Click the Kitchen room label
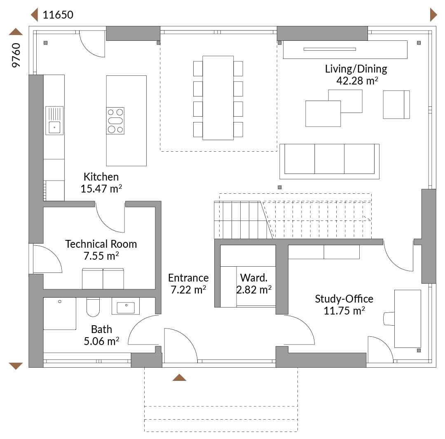pyautogui.click(x=101, y=176)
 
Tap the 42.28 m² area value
pyautogui.click(x=357, y=81)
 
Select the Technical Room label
pyautogui.click(x=101, y=244)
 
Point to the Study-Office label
pyautogui.click(x=344, y=299)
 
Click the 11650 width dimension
pyautogui.click(x=58, y=15)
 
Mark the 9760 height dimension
pyautogui.click(x=16, y=55)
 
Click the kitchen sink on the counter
pyautogui.click(x=54, y=120)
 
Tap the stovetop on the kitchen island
pyautogui.click(x=115, y=121)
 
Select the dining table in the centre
pyautogui.click(x=218, y=98)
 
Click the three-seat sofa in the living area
pyautogui.click(x=329, y=161)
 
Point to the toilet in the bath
pyautogui.click(x=93, y=307)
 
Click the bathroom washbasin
pyautogui.click(x=126, y=306)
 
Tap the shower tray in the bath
pyautogui.click(x=60, y=314)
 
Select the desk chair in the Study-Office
pyautogui.click(x=389, y=319)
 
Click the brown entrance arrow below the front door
pyautogui.click(x=179, y=378)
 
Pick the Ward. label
pyautogui.click(x=254, y=277)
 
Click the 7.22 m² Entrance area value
pyautogui.click(x=188, y=290)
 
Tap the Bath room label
pyautogui.click(x=101, y=329)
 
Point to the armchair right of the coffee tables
pyautogui.click(x=396, y=104)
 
